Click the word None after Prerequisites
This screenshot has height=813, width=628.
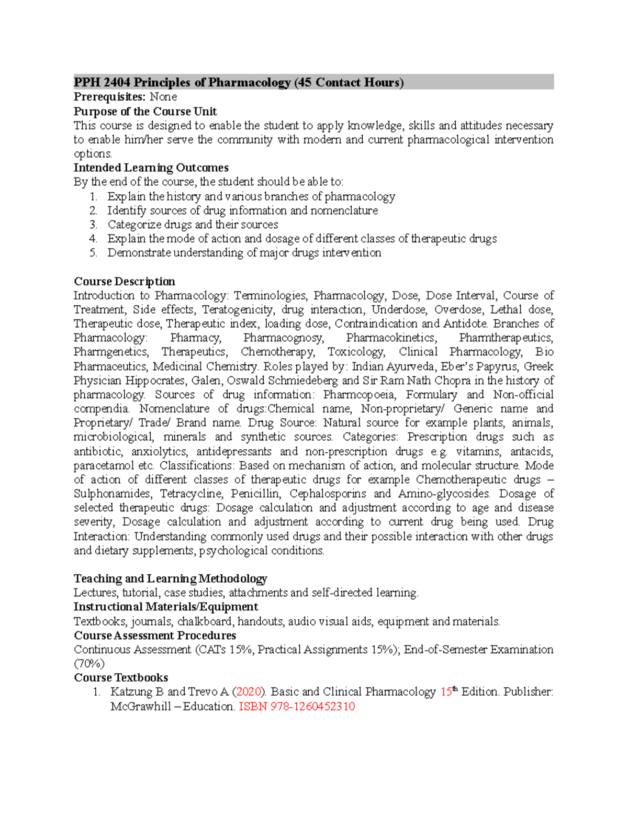click(163, 97)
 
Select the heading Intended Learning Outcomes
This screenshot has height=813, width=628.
click(151, 168)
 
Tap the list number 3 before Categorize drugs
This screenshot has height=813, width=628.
click(93, 225)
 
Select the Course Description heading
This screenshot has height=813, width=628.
click(124, 281)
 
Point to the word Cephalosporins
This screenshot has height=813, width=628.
click(328, 494)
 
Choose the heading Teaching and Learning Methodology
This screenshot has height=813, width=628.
click(170, 578)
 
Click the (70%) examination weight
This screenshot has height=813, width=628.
click(89, 664)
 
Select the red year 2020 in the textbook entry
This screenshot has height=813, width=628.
click(249, 692)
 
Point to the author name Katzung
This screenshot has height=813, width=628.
click(130, 692)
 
